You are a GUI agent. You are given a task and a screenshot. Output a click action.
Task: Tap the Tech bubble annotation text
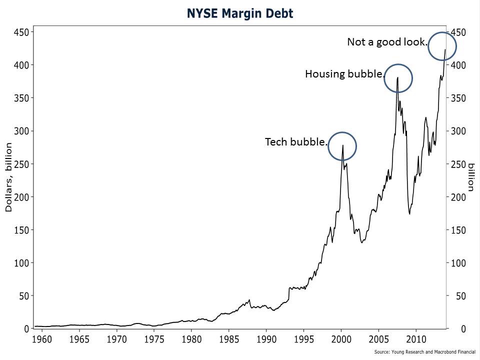(295, 142)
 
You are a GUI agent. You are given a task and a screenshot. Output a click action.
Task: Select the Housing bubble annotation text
(344, 74)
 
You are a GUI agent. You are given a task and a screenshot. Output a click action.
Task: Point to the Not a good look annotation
(387, 42)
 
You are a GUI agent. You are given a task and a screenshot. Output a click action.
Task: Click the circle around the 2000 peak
(342, 146)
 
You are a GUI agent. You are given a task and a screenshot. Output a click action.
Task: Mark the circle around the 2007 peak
(398, 78)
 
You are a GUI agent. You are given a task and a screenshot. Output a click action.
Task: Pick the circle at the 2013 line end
(442, 46)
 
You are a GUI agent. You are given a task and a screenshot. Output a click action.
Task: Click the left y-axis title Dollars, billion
(8, 177)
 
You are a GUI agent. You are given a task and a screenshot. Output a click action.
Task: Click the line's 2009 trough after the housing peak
(409, 213)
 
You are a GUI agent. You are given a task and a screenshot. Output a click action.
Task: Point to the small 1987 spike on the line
(249, 300)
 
